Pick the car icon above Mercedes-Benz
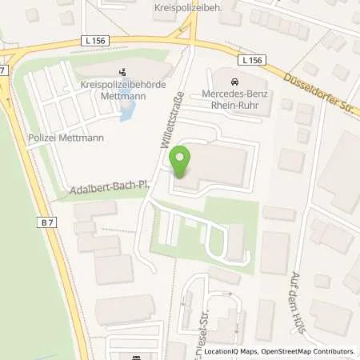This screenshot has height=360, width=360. point(234,81)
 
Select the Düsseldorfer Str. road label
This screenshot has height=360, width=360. point(319,88)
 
